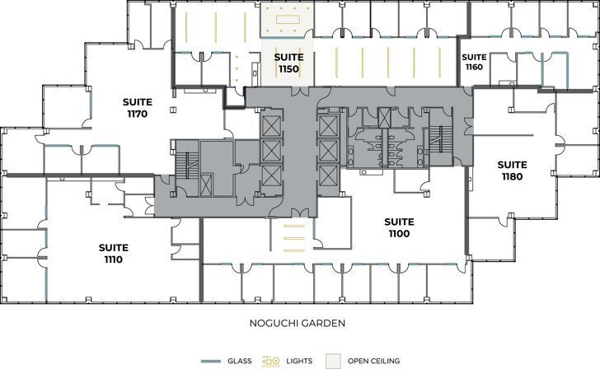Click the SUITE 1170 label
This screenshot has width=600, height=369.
(x=137, y=108)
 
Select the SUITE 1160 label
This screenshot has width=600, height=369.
(x=473, y=62)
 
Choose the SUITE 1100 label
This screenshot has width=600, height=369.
(x=399, y=227)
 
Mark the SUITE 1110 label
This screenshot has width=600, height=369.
(x=113, y=253)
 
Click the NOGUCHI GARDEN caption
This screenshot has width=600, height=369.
(x=298, y=324)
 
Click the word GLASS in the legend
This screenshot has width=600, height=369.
(x=239, y=361)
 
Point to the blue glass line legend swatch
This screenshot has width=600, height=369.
(x=212, y=361)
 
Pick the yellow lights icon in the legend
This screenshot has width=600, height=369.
(x=271, y=361)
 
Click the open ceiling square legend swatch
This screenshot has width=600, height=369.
(x=332, y=360)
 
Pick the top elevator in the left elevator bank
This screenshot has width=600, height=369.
(x=270, y=125)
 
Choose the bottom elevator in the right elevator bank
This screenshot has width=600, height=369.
(x=327, y=175)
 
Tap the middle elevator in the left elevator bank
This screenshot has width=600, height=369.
(x=270, y=150)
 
